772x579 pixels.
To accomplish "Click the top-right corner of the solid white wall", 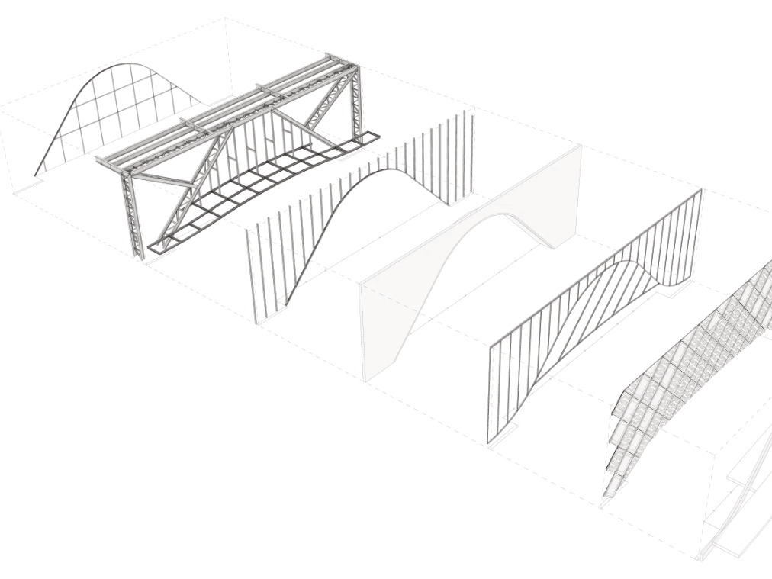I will coord(580,146).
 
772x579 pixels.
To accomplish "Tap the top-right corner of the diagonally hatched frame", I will coord(700,191).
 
